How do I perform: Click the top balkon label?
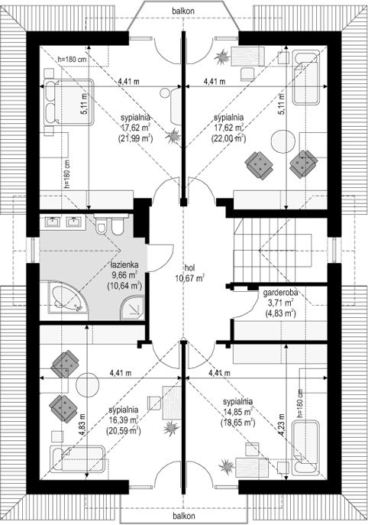[183, 11]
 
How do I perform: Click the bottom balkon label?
[184, 516]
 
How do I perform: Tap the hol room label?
[189, 267]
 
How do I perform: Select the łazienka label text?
[124, 265]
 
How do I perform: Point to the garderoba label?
[280, 293]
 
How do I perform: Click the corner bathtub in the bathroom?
[68, 298]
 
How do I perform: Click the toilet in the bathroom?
[101, 225]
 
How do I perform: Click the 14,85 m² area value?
[237, 412]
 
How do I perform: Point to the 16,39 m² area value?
[124, 420]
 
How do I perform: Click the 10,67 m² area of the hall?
[189, 277]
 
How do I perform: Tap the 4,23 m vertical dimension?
[282, 425]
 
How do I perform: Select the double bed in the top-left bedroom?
[68, 102]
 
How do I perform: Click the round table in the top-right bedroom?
[284, 141]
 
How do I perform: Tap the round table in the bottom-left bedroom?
[87, 385]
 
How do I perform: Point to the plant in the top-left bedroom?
[174, 136]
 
